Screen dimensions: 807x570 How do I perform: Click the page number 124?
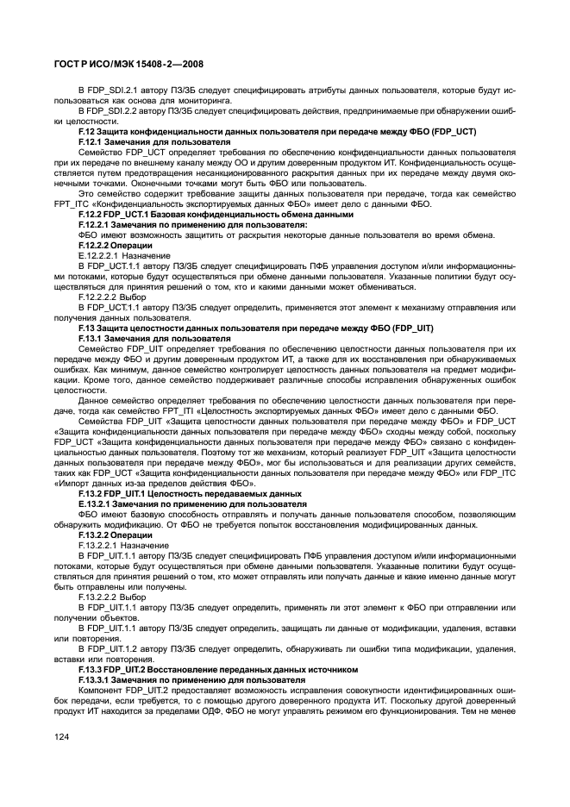62,735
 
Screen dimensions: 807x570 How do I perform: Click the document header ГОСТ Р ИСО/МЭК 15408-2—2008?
129,63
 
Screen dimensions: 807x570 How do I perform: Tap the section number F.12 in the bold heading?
87,130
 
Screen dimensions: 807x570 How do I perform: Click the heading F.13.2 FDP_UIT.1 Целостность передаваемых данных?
190,493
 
